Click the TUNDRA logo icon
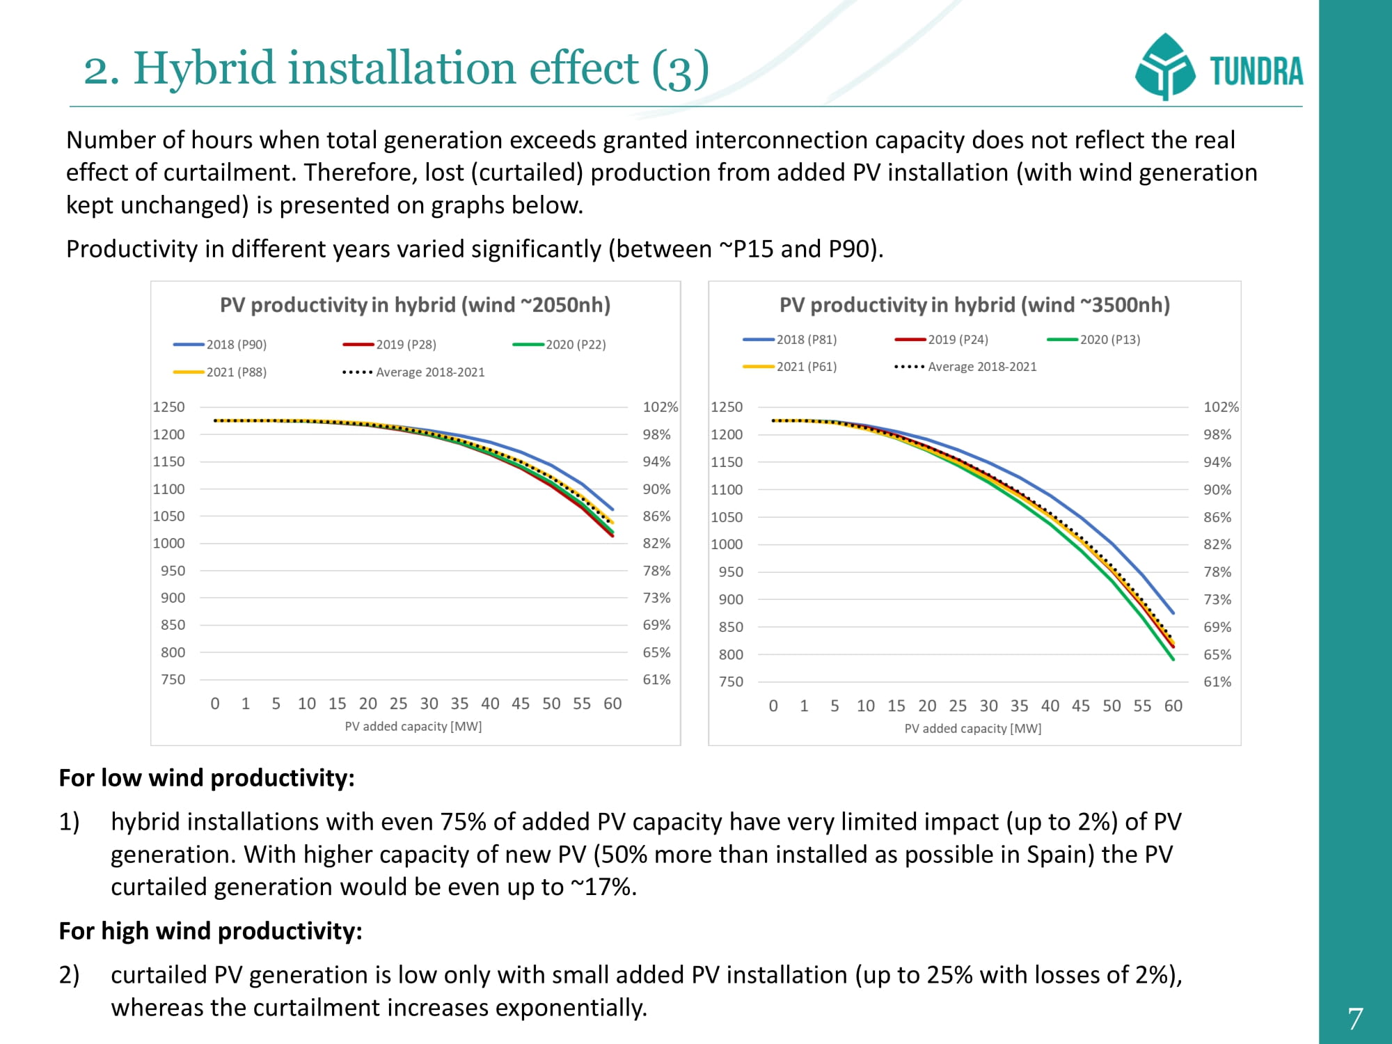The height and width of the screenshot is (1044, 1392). (1164, 67)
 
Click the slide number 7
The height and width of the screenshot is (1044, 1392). (1354, 1019)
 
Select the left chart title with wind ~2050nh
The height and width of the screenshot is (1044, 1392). (415, 305)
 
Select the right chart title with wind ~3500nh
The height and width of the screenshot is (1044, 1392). (974, 305)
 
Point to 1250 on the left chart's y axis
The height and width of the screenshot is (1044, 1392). (169, 407)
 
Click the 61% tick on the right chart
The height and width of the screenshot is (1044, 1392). (1217, 682)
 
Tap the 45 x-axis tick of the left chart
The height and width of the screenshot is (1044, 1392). (520, 704)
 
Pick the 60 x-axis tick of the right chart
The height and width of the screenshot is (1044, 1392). (1173, 706)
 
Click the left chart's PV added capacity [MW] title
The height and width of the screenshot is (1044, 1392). (413, 727)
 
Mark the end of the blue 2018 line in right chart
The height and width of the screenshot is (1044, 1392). (1173, 612)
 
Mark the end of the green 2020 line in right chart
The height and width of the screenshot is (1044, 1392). (1173, 658)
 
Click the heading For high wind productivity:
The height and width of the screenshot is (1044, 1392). (210, 931)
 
